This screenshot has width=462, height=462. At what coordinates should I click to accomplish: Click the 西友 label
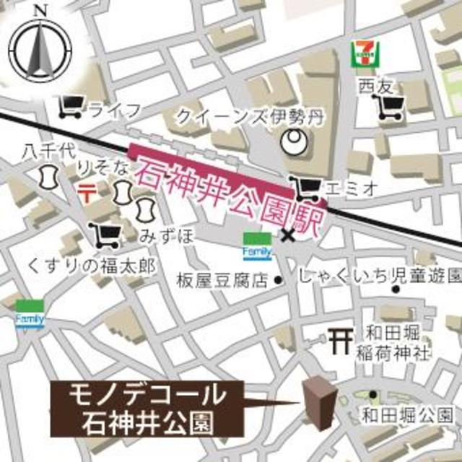pyautogui.click(x=373, y=87)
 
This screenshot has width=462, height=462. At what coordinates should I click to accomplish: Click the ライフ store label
pyautogui.click(x=113, y=110)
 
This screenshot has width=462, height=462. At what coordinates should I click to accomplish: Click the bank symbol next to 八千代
pyautogui.click(x=49, y=175)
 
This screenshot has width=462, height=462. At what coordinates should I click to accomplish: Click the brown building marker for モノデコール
pyautogui.click(x=316, y=401)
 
